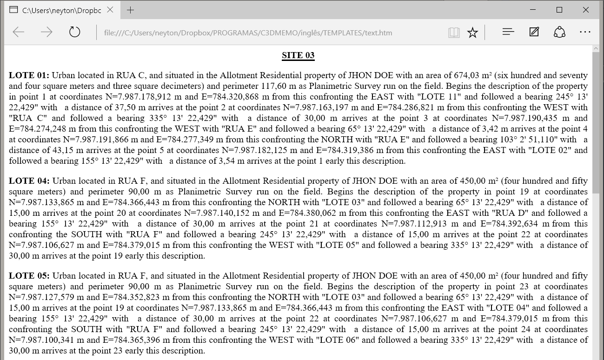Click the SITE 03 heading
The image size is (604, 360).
coord(298,55)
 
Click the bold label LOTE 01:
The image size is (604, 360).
coord(29,75)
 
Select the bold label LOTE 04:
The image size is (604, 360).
coord(29,181)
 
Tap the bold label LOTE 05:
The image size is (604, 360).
coord(29,276)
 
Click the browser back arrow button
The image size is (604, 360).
coord(19,32)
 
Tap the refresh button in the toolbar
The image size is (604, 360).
coord(74,32)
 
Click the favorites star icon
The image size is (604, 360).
coord(472,33)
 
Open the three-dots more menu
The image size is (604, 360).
coord(585,32)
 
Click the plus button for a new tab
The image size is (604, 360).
coord(131,10)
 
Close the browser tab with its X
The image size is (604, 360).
coord(109,10)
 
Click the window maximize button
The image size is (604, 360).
coord(559,10)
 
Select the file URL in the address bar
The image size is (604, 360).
coord(248,33)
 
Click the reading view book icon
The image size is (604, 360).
coord(453,33)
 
